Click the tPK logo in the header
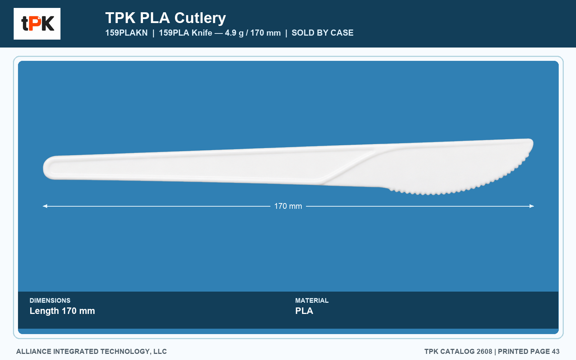click(37, 24)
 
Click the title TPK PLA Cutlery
click(166, 18)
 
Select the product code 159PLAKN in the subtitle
click(126, 33)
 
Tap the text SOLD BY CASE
click(323, 33)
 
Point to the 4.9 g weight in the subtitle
click(234, 33)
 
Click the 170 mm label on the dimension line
click(288, 206)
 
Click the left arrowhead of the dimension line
click(45, 206)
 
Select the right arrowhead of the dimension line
click(532, 206)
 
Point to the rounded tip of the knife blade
click(530, 144)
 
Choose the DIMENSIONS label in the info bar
click(50, 300)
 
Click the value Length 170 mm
click(62, 311)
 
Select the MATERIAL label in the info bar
click(312, 300)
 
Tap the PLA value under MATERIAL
click(304, 311)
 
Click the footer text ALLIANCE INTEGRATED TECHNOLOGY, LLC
click(91, 351)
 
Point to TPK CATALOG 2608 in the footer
click(458, 351)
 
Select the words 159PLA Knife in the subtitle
click(185, 33)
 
